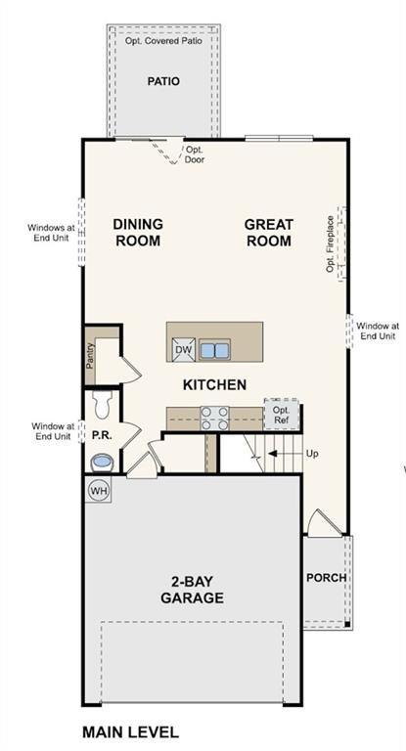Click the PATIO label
pyautogui.click(x=163, y=82)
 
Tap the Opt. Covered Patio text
pyautogui.click(x=163, y=41)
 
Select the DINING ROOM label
pyautogui.click(x=138, y=232)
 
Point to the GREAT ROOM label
pyautogui.click(x=269, y=232)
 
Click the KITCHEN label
pyautogui.click(x=214, y=384)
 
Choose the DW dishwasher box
pyautogui.click(x=183, y=349)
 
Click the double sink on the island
pyautogui.click(x=215, y=349)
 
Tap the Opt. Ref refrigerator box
pyautogui.click(x=282, y=414)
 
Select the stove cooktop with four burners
pyautogui.click(x=214, y=418)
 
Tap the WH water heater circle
pyautogui.click(x=99, y=489)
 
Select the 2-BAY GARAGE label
pyautogui.click(x=192, y=590)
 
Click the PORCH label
pyautogui.click(x=326, y=577)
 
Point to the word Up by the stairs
pyautogui.click(x=313, y=454)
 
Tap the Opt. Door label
pyautogui.click(x=195, y=155)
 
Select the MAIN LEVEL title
pyautogui.click(x=130, y=731)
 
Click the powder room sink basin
pyautogui.click(x=100, y=462)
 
